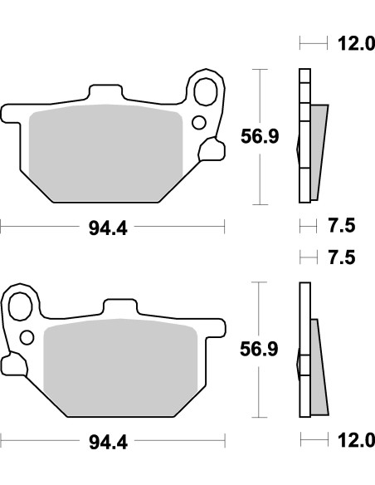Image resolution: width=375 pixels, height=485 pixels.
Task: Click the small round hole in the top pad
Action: [x=198, y=124]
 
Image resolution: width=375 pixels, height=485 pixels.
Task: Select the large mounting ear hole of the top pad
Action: [x=205, y=86]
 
